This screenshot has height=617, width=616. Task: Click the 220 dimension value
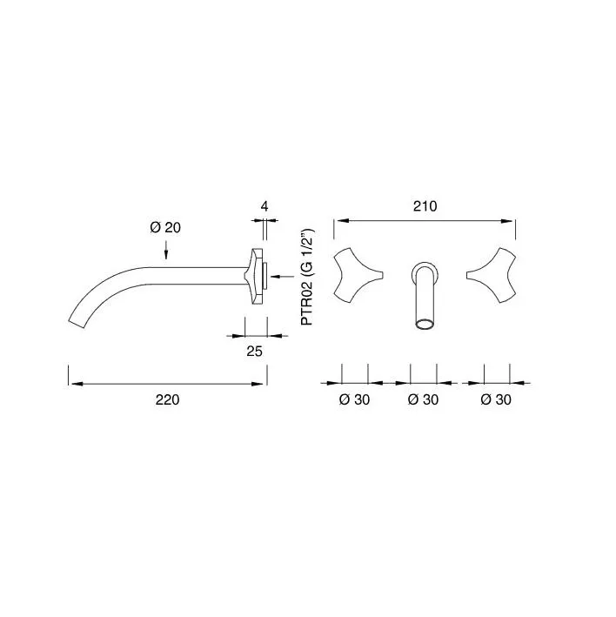pos(168,399)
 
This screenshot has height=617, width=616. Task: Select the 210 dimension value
pos(425,206)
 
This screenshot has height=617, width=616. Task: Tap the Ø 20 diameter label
pos(165,227)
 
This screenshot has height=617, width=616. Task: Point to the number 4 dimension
pos(264,206)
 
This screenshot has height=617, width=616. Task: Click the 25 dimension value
pos(255,351)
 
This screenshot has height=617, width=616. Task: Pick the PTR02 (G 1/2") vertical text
pos(307,277)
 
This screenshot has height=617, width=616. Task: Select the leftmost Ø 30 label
pos(354,399)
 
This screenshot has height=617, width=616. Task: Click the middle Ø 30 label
pos(423,399)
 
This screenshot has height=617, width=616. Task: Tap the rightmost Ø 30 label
pos(496,399)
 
